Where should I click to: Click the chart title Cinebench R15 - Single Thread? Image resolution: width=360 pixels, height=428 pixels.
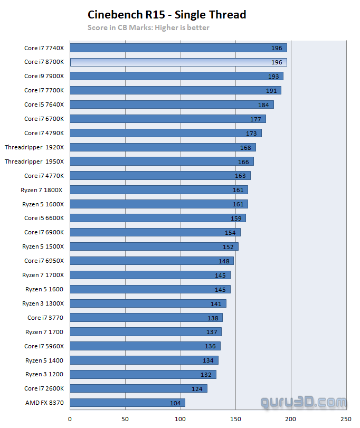pos(167,15)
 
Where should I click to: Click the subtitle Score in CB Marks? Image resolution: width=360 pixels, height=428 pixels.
pos(148,27)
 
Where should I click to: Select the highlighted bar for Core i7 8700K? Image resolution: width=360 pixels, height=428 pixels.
pos(178,62)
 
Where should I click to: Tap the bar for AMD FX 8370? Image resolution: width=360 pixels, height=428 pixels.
pos(127,403)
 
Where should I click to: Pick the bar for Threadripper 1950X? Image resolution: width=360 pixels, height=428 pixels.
pos(162,161)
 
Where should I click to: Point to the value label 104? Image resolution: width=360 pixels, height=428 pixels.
pos(175,403)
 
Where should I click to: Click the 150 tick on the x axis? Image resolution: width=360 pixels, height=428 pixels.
pos(235,419)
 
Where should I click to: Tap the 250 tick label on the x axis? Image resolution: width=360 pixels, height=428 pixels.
pos(346,419)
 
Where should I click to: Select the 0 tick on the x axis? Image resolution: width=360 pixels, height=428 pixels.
pos(70,419)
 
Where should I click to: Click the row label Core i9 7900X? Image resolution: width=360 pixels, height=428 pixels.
pos(44,76)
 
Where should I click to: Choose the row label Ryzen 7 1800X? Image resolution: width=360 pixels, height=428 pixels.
pos(43,190)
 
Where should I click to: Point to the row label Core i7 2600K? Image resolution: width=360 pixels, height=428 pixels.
pos(44,389)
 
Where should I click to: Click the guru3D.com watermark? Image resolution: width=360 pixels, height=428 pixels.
pos(303,403)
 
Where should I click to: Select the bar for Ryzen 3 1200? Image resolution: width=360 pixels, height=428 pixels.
pos(143,375)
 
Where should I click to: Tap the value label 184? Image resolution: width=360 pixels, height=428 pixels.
pos(263,105)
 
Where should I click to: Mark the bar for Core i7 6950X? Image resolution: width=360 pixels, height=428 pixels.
pos(151,261)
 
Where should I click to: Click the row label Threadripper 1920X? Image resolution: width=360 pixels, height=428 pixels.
pos(34,147)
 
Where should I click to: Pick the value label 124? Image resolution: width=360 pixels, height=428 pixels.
pos(197,389)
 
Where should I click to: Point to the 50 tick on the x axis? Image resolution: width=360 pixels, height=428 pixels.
pos(125,419)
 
